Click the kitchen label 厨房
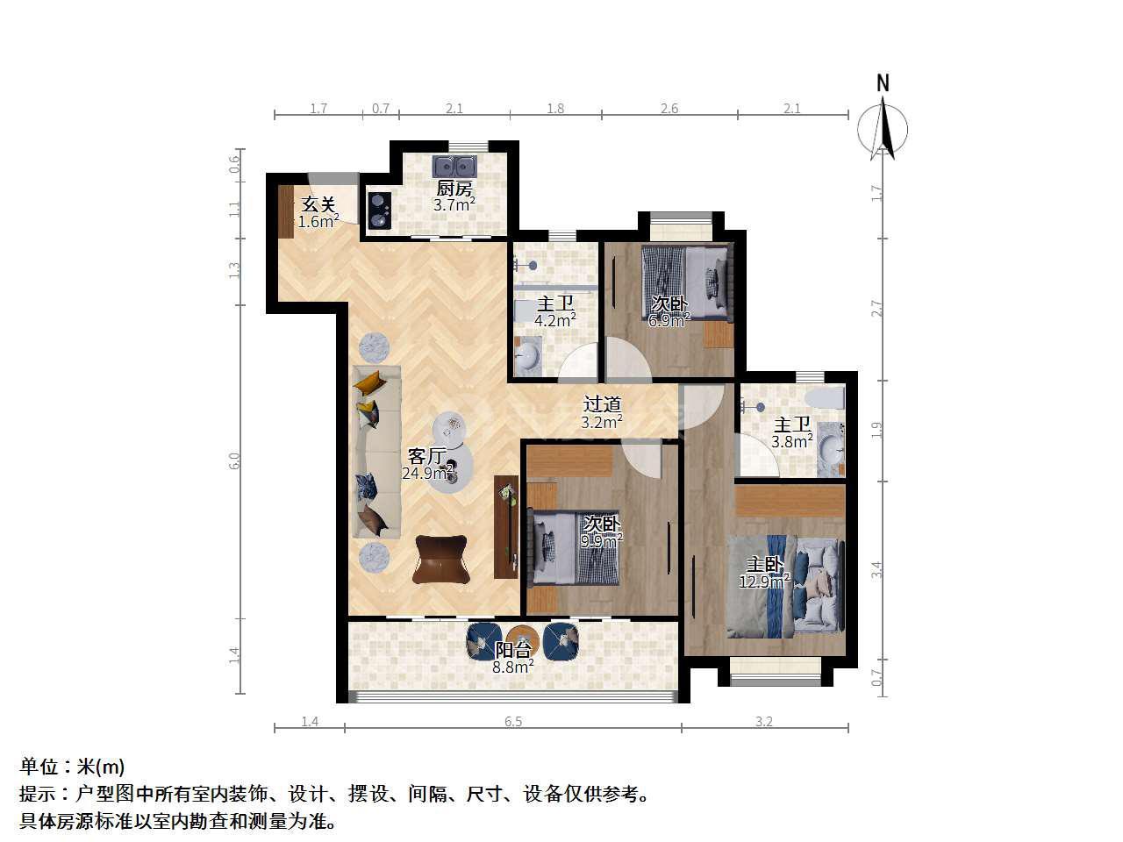pos(454,189)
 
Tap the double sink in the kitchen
pos(454,166)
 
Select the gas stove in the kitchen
pos(380,210)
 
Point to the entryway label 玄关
pos(318,204)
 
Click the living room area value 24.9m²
pos(428,473)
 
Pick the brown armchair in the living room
pos(441,560)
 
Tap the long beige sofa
pos(376,452)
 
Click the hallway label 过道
pos(602,404)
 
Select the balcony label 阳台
pos(513,650)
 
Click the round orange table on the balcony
pos(523,639)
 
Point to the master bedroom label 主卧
pos(764,564)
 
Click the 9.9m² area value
pos(602,540)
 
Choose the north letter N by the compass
pos(883,82)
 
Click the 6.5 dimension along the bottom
pos(513,721)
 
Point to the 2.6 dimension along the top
pos(669,109)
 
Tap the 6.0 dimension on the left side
pos(234,460)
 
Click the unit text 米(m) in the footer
pos(100,767)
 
